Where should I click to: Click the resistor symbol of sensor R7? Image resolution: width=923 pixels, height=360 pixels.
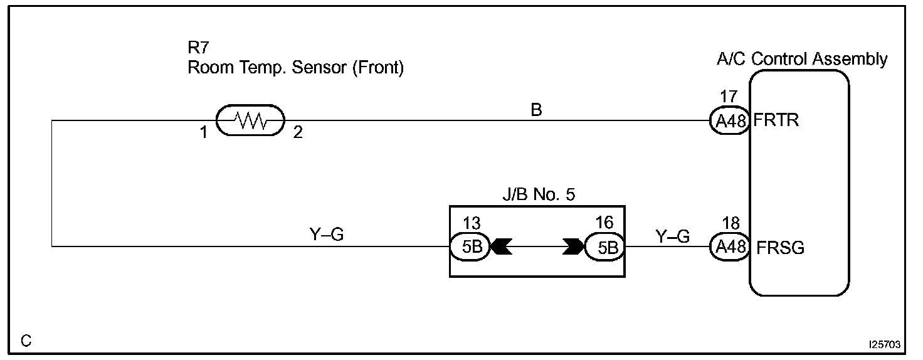[x=250, y=120]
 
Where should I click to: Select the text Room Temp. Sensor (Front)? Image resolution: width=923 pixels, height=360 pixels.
[x=295, y=68]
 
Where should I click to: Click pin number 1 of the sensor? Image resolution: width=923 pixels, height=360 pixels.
[x=203, y=133]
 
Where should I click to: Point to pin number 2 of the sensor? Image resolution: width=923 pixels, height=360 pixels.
[x=298, y=133]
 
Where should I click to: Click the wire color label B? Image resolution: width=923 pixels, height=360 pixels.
[x=536, y=110]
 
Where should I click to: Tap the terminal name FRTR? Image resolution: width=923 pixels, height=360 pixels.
[x=776, y=120]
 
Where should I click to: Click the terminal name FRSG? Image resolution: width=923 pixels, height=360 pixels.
[x=781, y=248]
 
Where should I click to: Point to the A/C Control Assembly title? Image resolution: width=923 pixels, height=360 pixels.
[x=802, y=59]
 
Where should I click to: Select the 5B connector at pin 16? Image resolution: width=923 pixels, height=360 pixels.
[x=604, y=247]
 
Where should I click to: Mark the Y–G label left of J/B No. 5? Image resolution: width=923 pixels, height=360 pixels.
[x=327, y=236]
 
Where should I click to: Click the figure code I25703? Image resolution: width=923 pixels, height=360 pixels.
[x=885, y=345]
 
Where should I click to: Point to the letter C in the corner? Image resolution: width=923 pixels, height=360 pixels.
[x=26, y=342]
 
